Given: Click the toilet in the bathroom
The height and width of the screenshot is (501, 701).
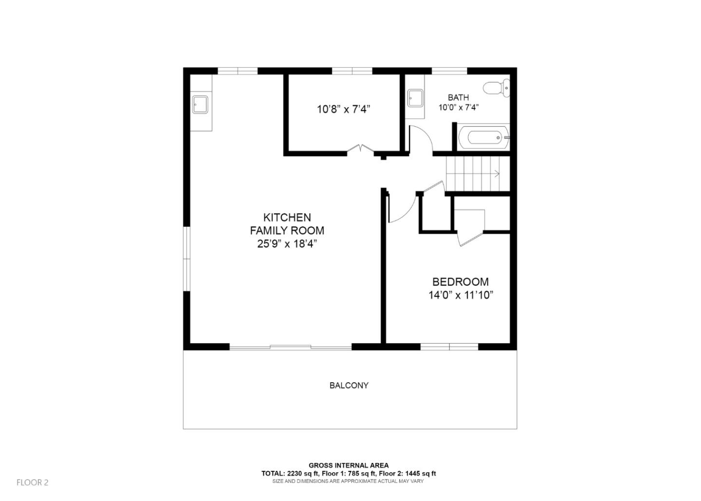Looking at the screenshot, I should pyautogui.click(x=496, y=88).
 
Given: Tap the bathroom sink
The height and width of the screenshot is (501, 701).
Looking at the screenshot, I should pyautogui.click(x=415, y=98).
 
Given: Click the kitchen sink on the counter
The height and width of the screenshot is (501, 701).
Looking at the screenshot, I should pyautogui.click(x=200, y=104).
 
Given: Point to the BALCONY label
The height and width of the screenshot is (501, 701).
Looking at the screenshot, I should pyautogui.click(x=349, y=386).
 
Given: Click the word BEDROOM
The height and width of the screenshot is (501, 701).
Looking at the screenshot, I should pyautogui.click(x=461, y=282).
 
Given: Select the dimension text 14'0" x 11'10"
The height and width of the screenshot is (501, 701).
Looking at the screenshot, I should pyautogui.click(x=461, y=295).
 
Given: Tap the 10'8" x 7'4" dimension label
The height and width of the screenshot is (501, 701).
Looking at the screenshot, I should pyautogui.click(x=344, y=110).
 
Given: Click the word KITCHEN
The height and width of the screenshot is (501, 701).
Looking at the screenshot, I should pyautogui.click(x=287, y=217).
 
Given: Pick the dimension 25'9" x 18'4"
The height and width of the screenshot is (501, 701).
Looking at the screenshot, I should pyautogui.click(x=287, y=244).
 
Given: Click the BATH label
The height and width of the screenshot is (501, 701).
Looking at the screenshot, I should pyautogui.click(x=458, y=98).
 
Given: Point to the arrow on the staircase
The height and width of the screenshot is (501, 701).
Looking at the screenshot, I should pyautogui.click(x=496, y=173).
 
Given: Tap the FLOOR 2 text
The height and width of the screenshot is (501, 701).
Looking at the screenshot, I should pyautogui.click(x=33, y=482).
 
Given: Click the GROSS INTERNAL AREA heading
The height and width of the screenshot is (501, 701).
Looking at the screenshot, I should pyautogui.click(x=349, y=465).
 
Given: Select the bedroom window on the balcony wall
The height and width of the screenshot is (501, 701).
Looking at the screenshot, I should pyautogui.click(x=449, y=347).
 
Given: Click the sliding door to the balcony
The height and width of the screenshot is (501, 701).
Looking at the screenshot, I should pyautogui.click(x=290, y=347).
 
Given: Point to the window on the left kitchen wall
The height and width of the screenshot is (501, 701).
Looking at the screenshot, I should pyautogui.click(x=186, y=259).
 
